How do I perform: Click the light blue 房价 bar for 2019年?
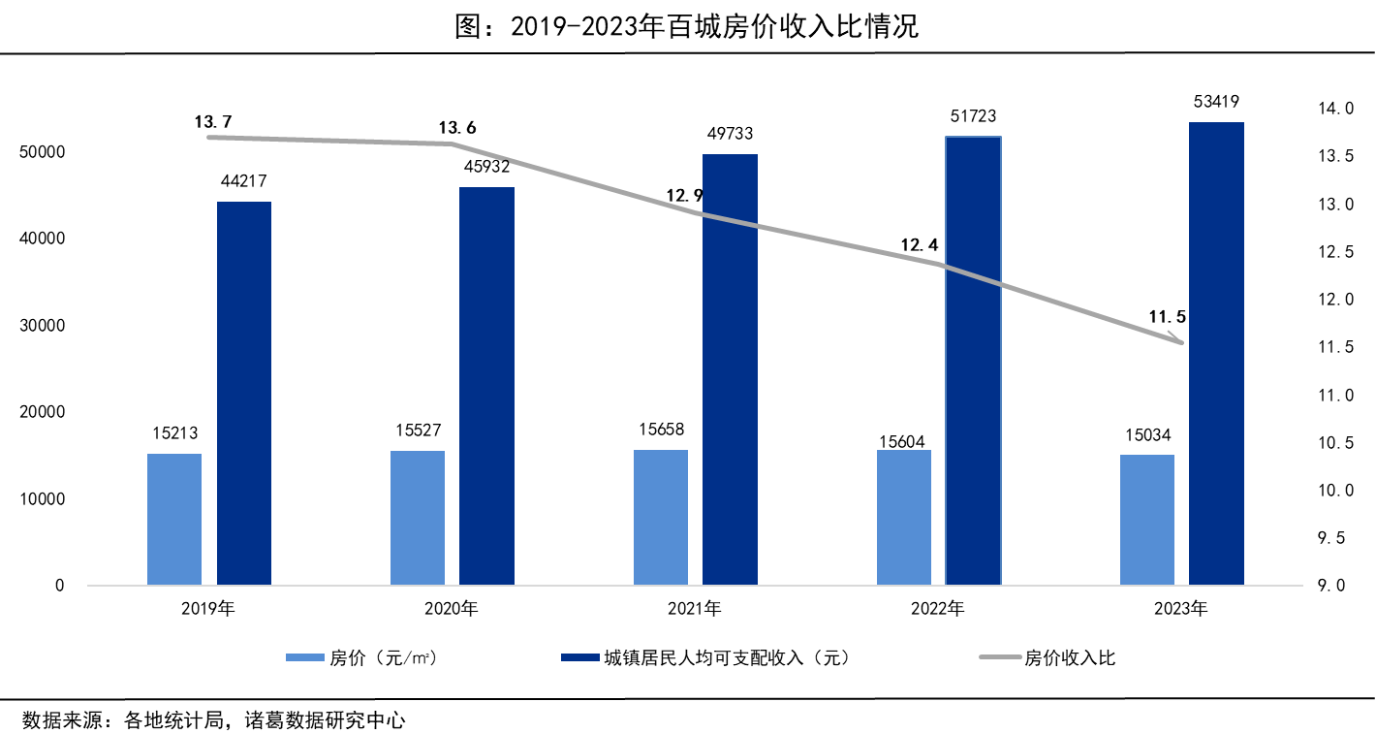tap(174, 519)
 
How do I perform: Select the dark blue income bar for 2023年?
tap(1216, 354)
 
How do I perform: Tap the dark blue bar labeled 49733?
tap(730, 369)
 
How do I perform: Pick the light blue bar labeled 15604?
tap(903, 518)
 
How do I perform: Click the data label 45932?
tap(486, 167)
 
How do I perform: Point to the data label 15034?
tap(1147, 435)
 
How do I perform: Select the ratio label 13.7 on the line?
tap(213, 122)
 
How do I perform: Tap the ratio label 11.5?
tap(1168, 316)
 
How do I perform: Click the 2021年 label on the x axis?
tap(694, 610)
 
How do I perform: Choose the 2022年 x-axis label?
tap(937, 610)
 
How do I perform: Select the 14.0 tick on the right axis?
tap(1333, 110)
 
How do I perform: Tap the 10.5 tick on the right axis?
tap(1333, 443)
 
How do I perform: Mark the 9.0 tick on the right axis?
tap(1333, 586)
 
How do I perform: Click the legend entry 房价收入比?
tap(1070, 658)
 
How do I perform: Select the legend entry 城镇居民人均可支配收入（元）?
tap(727, 658)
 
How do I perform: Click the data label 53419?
tap(1216, 102)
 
